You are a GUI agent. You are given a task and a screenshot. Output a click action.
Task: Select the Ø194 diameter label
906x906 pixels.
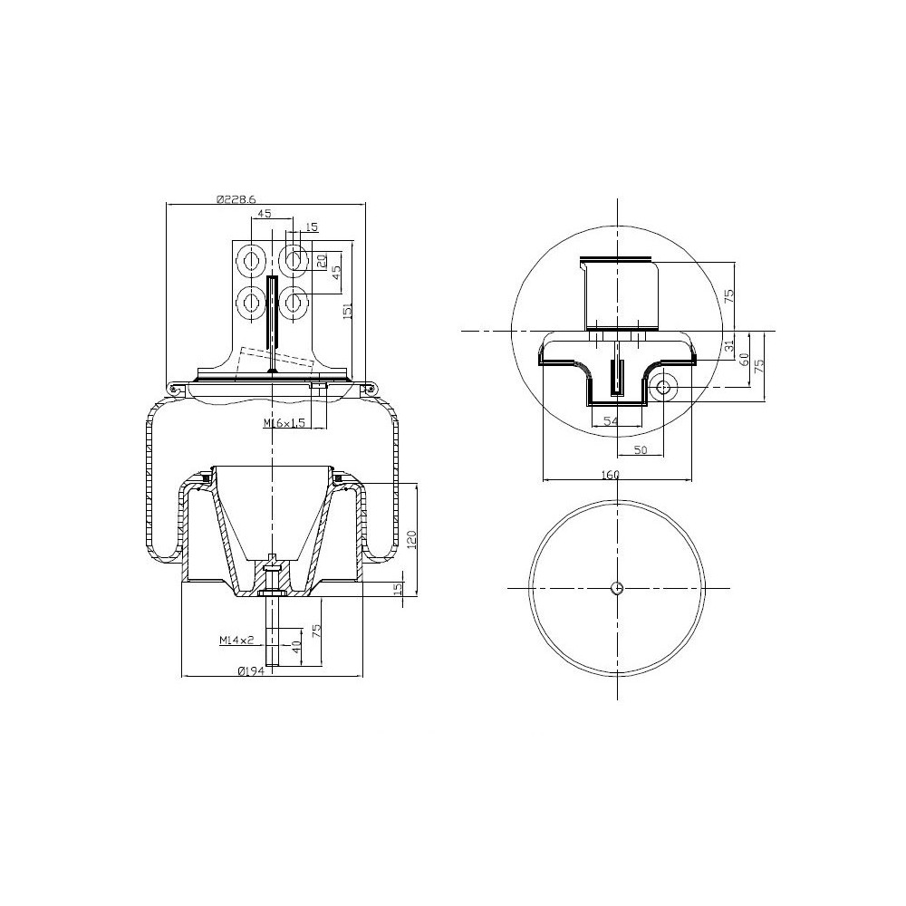coord(250,671)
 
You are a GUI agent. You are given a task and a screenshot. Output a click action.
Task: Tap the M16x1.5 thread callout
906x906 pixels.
coord(283,423)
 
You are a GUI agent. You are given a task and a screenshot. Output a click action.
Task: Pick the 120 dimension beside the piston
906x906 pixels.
coord(410,541)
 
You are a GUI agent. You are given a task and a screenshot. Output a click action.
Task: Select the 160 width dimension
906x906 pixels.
coord(609,475)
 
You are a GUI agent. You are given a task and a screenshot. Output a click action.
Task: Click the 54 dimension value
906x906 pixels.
coord(611,421)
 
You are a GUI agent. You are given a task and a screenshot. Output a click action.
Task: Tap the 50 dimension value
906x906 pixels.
coord(640,450)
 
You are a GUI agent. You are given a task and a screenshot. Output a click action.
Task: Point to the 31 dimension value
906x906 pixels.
coord(729,346)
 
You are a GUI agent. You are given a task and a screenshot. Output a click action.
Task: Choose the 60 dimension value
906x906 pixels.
coord(745,360)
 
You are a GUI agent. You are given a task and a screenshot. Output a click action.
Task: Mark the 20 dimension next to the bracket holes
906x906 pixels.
coord(321,261)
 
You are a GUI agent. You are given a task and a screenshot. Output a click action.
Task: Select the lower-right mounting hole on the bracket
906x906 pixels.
coord(294,299)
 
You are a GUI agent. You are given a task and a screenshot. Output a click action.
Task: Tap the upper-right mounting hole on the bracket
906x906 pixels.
coord(294,261)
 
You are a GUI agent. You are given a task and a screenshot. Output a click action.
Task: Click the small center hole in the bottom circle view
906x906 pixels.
coord(616,587)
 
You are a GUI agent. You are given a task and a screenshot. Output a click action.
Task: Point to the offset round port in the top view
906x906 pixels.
coord(663,387)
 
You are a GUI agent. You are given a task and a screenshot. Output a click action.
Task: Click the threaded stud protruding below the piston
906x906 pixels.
coord(273,634)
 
